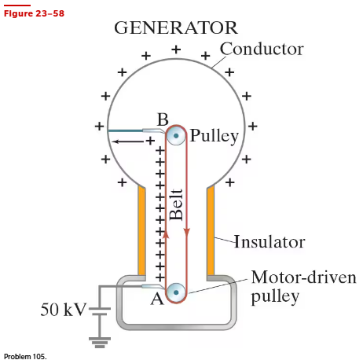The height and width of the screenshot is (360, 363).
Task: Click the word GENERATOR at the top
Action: (176, 28)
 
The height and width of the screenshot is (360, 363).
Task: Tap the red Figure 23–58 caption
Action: (34, 13)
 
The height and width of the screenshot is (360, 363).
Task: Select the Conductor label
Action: (262, 49)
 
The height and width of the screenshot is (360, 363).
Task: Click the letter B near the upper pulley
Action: (163, 119)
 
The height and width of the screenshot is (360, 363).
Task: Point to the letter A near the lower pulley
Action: (157, 299)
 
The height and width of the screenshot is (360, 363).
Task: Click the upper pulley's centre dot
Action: (176, 135)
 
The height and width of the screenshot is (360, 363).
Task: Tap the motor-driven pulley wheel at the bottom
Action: (176, 292)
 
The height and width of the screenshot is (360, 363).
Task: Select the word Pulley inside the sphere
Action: (214, 136)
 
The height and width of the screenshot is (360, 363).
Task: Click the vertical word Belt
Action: (176, 204)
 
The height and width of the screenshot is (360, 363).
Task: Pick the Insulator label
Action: (269, 241)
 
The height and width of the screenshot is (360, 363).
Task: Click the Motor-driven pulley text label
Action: (304, 287)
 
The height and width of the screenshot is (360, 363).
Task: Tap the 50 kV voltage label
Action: (64, 310)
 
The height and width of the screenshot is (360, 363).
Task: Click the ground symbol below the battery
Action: (100, 343)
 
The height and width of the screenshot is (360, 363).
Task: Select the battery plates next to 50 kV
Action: (100, 311)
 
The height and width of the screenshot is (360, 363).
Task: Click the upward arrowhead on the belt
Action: (166, 235)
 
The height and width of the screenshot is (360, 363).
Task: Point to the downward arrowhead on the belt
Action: (186, 232)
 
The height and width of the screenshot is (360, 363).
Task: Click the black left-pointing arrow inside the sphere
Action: (128, 141)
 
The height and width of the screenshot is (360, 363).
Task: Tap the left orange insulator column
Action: (141, 230)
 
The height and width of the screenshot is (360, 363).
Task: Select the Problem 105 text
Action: (25, 357)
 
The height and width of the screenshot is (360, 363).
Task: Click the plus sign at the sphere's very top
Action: (176, 50)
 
